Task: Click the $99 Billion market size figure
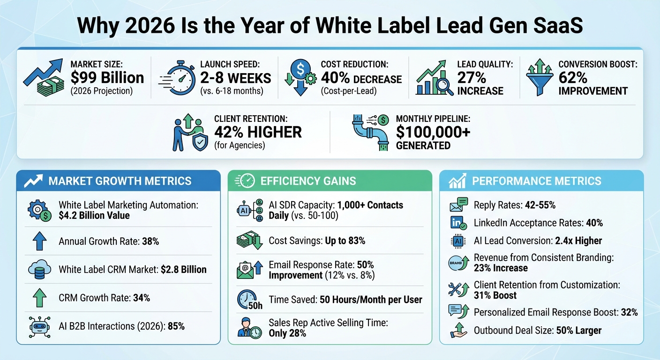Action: (107, 78)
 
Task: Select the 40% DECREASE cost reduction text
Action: (361, 78)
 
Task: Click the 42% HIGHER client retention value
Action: (258, 132)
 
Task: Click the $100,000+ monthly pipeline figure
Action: (433, 132)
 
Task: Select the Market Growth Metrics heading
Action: (120, 181)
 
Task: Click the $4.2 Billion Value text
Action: (94, 216)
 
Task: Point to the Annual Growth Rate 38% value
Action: (150, 242)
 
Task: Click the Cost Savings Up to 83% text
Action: (317, 241)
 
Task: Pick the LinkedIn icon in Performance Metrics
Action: (457, 223)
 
